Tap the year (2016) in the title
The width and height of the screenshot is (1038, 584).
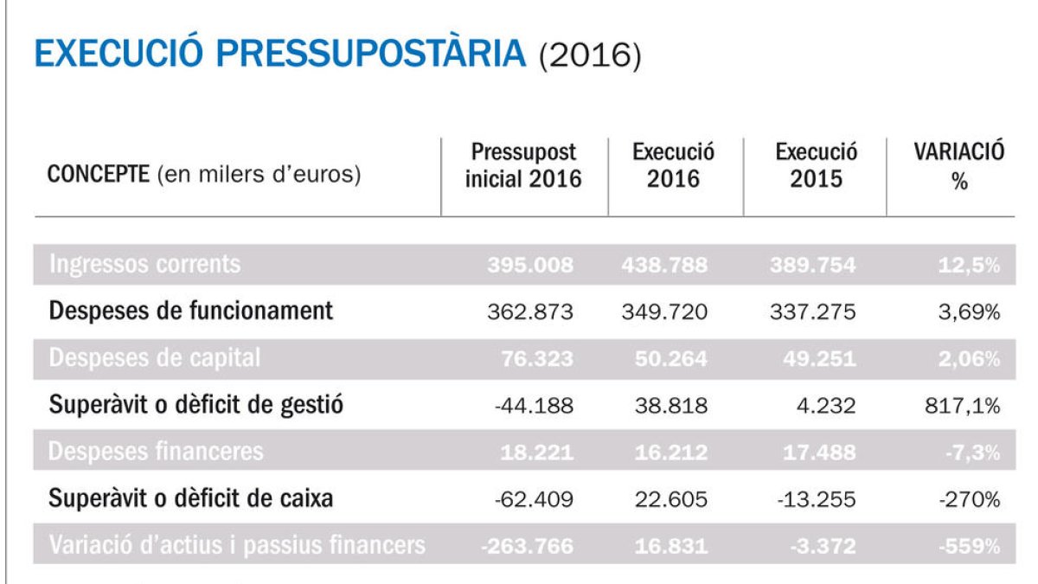(589, 55)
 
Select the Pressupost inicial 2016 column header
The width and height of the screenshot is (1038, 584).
(523, 166)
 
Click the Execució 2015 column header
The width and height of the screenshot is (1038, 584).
(816, 166)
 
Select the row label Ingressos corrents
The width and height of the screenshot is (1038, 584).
(144, 264)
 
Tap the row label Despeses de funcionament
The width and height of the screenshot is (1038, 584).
(190, 311)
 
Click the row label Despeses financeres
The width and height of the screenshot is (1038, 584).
(157, 452)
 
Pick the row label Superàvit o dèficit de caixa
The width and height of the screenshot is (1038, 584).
(191, 498)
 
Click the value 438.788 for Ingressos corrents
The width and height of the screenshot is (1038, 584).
(663, 265)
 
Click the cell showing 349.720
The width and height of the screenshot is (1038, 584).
(663, 311)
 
